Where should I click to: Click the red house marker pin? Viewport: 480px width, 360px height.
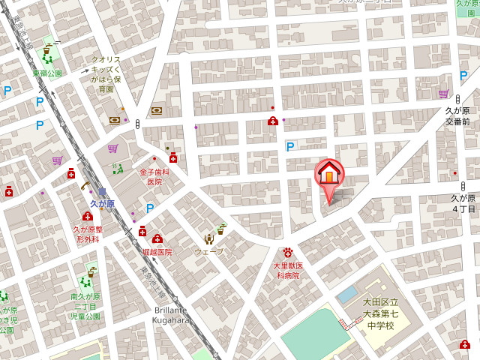pos(328,175)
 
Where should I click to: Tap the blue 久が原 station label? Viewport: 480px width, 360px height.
pos(102,203)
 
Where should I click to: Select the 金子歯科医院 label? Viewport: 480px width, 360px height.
pos(154,177)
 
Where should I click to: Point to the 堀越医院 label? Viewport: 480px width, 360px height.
pos(157,252)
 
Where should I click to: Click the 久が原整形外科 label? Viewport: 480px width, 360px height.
pos(87,234)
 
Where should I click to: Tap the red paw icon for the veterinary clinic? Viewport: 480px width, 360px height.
pos(287,253)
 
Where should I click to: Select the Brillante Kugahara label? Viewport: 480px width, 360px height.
pos(171,315)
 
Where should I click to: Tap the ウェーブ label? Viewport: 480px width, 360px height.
pos(208,251)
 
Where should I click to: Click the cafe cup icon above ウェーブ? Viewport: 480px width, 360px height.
pos(220,229)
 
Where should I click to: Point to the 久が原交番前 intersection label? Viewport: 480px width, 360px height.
pos(457,116)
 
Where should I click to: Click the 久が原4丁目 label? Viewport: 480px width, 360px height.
pos(463,203)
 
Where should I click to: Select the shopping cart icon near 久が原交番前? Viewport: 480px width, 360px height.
pos(443,94)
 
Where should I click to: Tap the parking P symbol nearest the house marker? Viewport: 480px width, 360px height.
pos(290,147)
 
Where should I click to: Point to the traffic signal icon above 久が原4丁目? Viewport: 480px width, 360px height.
pos(463,185)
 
